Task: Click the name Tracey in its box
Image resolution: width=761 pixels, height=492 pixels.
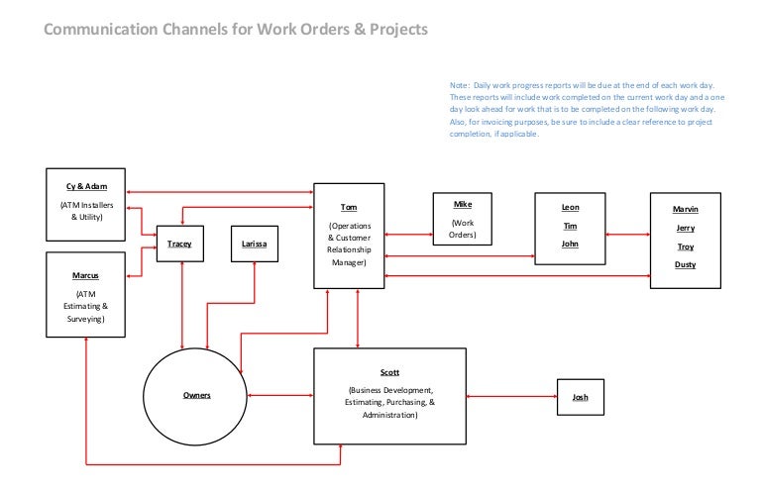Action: tap(180, 243)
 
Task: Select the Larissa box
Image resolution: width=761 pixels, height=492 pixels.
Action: tap(254, 243)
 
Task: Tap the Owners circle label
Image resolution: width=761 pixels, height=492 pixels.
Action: tap(197, 396)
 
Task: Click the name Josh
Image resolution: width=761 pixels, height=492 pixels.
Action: tap(581, 397)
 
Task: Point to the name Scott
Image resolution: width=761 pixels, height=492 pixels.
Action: tap(389, 372)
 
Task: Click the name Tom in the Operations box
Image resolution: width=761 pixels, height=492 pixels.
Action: tap(349, 208)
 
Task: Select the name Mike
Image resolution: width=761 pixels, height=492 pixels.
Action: tap(463, 205)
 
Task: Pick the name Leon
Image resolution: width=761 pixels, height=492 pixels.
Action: tap(570, 207)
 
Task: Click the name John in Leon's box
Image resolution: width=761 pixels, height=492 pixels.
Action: tap(570, 244)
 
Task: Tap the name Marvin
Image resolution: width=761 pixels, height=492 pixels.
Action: tap(685, 210)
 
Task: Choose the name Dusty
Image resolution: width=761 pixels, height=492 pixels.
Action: tap(685, 264)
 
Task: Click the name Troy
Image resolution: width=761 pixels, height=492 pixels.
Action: tap(685, 246)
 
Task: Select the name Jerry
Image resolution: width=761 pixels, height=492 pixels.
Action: tap(685, 228)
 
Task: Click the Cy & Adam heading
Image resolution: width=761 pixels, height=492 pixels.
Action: tap(86, 185)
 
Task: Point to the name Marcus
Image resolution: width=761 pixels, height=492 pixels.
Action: tap(86, 275)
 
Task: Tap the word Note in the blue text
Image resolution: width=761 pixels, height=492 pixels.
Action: tap(459, 85)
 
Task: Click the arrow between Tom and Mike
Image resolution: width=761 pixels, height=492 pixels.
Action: tap(408, 235)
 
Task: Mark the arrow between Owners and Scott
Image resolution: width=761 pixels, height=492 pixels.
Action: tap(281, 397)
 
